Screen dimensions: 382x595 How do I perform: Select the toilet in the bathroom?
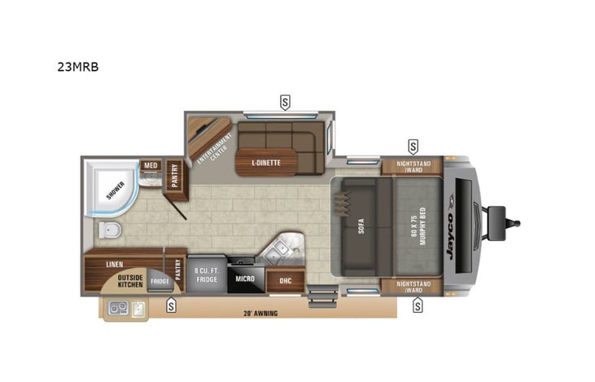109,231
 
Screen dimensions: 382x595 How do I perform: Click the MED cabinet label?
150,165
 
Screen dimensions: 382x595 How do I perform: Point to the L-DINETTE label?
265,163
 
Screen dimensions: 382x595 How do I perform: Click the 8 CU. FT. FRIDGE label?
207,274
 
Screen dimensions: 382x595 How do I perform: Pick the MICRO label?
245,279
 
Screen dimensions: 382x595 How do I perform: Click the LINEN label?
116,265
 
